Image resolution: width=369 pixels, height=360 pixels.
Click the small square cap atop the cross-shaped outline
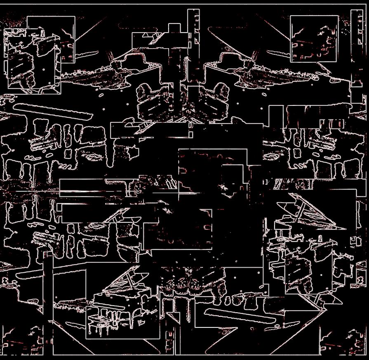175,28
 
